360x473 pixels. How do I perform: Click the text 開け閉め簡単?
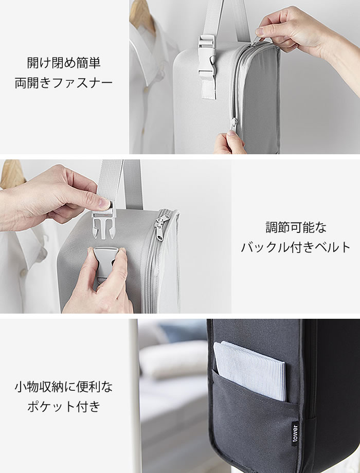click(64, 63)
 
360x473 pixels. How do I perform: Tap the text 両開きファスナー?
click(64, 83)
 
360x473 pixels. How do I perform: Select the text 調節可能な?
click(296, 227)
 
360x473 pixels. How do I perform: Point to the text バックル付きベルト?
click(296, 247)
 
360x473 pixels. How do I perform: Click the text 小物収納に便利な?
click(64, 387)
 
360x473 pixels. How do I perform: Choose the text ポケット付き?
click(64, 407)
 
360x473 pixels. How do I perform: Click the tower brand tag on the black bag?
click(295, 434)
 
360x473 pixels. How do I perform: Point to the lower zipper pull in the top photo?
click(234, 124)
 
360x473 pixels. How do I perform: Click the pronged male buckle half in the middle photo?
click(104, 222)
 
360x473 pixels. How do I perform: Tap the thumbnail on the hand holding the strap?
click(104, 204)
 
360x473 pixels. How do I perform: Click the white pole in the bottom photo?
click(135, 396)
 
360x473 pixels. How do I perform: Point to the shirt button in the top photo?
click(146, 89)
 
